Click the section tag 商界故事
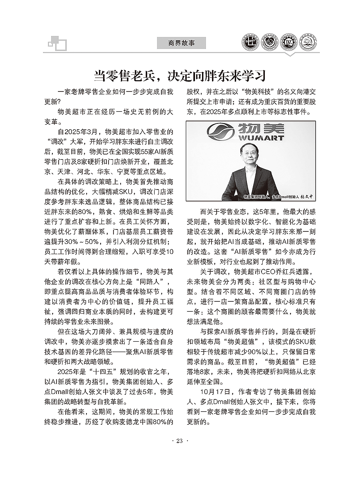(181, 43)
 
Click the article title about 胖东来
(180, 76)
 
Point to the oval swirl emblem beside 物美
(221, 131)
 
